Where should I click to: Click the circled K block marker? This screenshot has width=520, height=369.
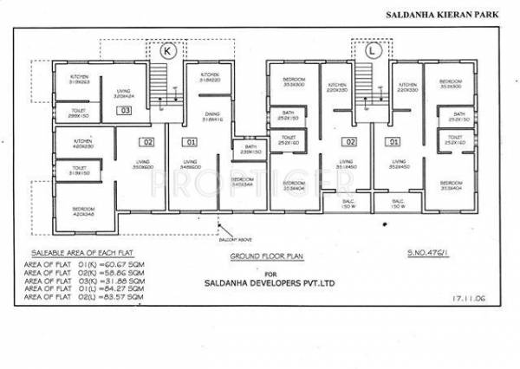(x=168, y=51)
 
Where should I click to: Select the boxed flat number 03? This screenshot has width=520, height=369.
(x=126, y=111)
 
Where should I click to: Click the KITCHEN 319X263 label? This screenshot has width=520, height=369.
(x=83, y=81)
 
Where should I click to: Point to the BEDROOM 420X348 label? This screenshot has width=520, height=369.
(x=83, y=210)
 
